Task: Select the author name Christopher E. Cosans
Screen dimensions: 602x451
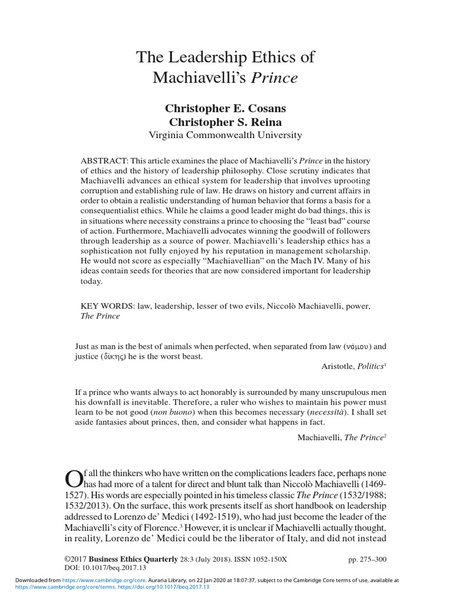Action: pyautogui.click(x=225, y=109)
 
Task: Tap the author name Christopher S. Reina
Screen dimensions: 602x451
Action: pyautogui.click(x=225, y=122)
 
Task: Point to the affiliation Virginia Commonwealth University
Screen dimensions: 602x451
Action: pyautogui.click(x=225, y=135)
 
